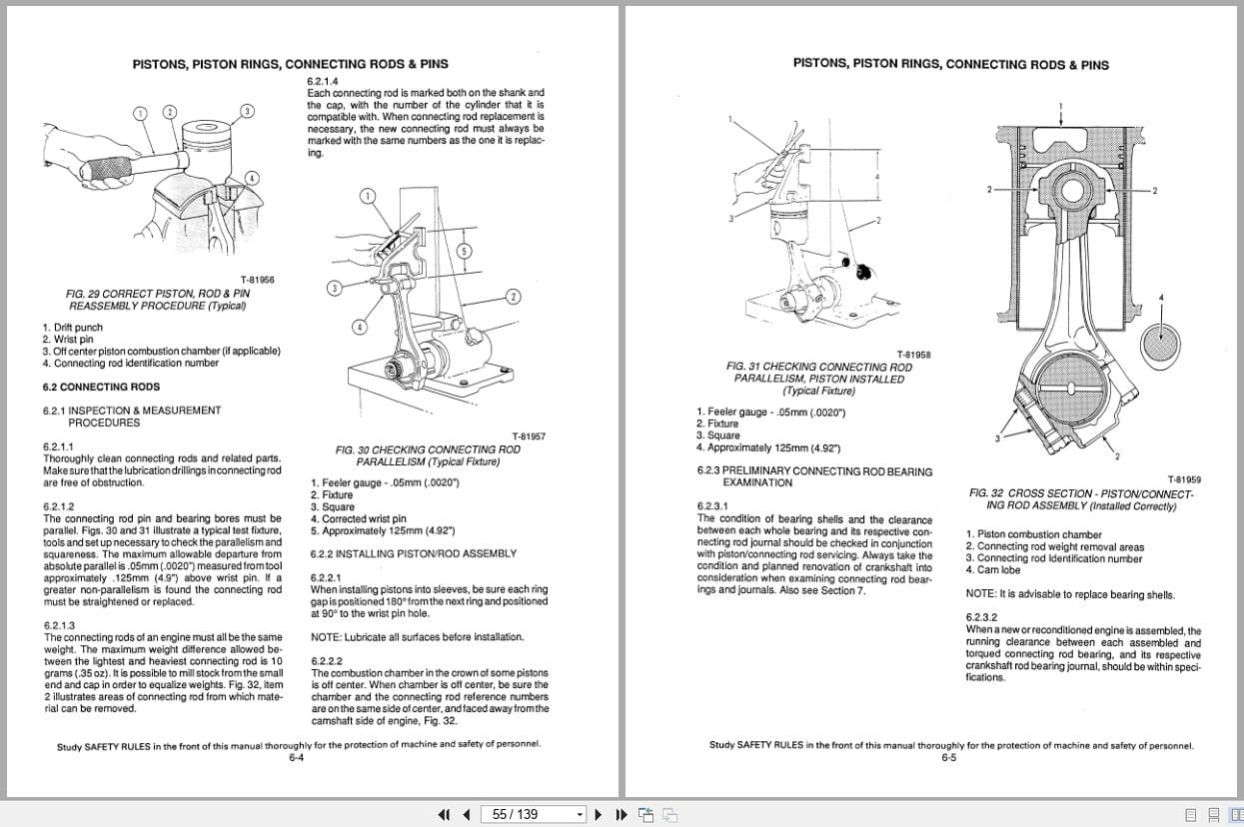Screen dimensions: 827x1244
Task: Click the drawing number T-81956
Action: point(257,280)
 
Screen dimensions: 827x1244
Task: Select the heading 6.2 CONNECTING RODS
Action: point(101,387)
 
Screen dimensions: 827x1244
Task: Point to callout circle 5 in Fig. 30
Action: point(464,250)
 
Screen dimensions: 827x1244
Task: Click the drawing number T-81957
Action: point(529,436)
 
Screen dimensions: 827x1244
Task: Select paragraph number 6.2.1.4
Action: point(323,80)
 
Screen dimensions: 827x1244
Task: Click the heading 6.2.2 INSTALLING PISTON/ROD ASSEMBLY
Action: point(414,553)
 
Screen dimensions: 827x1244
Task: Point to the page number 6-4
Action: point(297,758)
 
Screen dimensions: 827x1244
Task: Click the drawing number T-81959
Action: point(1184,479)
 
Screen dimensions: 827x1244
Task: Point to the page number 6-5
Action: point(949,758)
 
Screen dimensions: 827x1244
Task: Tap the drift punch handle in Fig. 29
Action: point(110,171)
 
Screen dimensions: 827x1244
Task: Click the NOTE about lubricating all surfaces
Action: point(417,636)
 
